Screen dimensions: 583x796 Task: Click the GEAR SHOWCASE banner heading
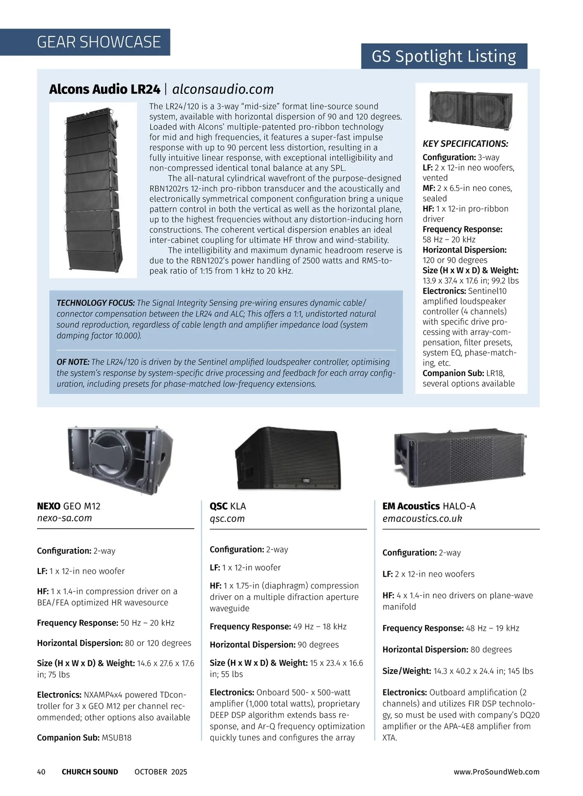tap(99, 42)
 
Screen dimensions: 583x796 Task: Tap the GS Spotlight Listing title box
tap(444, 56)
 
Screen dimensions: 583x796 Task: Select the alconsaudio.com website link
tap(223, 89)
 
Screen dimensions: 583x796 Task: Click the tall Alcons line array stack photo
tap(93, 190)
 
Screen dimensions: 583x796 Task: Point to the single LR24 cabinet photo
tap(471, 110)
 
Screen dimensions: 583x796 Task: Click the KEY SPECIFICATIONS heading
tap(465, 144)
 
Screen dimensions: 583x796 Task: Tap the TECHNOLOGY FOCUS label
tap(96, 303)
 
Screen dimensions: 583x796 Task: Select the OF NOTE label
tap(73, 362)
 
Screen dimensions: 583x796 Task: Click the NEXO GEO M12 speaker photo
tap(120, 460)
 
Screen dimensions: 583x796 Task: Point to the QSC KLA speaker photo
tap(288, 458)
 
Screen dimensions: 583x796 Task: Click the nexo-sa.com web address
tap(64, 518)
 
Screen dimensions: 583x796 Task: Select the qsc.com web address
tap(227, 519)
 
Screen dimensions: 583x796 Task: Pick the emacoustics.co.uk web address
tap(422, 519)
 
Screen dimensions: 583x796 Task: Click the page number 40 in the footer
tap(41, 772)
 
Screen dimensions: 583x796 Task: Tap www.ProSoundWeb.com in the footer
tap(497, 772)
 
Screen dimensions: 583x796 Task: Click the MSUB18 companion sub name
tap(117, 738)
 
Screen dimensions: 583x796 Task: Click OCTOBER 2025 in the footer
tap(161, 772)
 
